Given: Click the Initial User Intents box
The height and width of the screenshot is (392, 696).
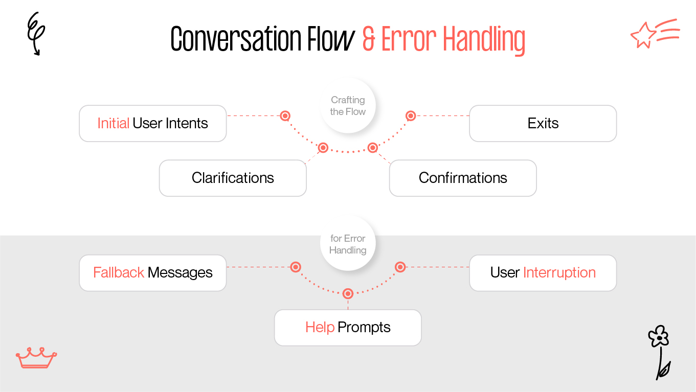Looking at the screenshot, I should point(152,123).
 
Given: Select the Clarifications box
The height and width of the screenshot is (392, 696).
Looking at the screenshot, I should point(233,178).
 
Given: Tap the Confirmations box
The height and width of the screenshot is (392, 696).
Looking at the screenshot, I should point(463,178).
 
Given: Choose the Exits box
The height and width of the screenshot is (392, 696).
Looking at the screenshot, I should point(543,123).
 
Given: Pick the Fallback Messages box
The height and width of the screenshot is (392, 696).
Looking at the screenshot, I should point(152,273).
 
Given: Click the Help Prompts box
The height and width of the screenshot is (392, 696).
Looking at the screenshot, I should point(348,328).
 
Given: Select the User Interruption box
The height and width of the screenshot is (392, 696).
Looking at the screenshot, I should point(543,273).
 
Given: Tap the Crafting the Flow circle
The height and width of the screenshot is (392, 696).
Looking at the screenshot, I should point(348,106).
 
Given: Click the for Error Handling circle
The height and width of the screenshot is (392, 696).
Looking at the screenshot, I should point(348,244).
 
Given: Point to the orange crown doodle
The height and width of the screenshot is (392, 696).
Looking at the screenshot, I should point(36,358).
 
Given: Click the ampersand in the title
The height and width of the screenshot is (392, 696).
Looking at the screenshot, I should point(369,39).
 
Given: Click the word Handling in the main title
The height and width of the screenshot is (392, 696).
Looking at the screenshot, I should point(483,39).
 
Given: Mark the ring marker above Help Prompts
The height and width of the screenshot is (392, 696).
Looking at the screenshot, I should point(348,293).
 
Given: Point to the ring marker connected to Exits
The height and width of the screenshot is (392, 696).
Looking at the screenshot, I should point(410,116).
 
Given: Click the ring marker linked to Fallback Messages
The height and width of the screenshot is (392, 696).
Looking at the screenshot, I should point(295,267).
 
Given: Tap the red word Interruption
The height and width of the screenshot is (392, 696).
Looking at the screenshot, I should point(559,273).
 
